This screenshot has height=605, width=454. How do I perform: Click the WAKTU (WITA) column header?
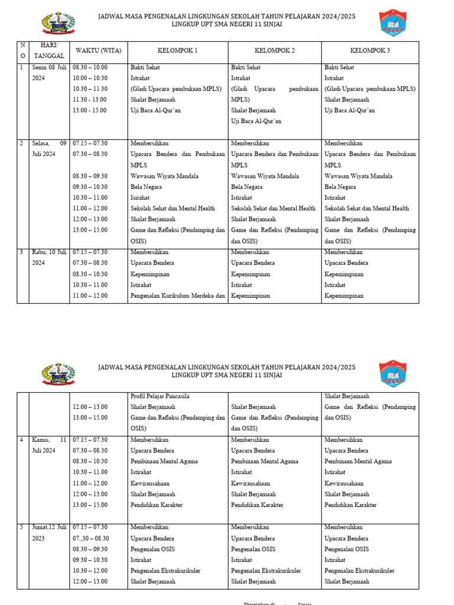98,50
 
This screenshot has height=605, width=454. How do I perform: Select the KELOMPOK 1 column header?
177,50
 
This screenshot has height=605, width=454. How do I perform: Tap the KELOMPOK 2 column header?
275,50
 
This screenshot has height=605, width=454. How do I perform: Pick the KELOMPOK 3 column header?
370,50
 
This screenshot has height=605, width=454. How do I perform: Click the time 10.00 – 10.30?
90,78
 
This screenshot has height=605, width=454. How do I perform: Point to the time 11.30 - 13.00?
90,99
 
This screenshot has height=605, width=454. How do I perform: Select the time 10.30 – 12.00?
90,571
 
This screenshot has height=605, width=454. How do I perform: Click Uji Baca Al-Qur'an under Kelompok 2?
256,121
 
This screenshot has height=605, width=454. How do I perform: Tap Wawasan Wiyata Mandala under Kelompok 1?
164,176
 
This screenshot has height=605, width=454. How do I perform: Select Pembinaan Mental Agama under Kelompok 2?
264,461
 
